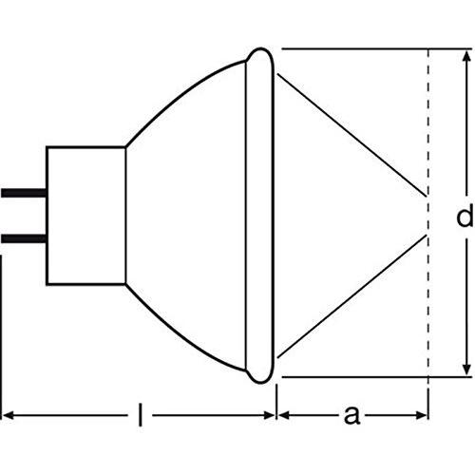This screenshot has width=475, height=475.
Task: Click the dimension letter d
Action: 465,215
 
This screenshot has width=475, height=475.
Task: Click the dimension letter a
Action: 351,415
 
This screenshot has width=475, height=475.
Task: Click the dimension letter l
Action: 141,415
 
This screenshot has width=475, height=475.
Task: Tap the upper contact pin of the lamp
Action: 24,193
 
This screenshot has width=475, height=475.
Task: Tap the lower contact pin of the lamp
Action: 24,238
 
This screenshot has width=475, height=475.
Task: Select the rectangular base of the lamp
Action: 85,216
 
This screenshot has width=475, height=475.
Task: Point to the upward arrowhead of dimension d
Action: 466,56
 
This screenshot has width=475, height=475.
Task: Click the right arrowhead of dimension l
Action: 268,415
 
